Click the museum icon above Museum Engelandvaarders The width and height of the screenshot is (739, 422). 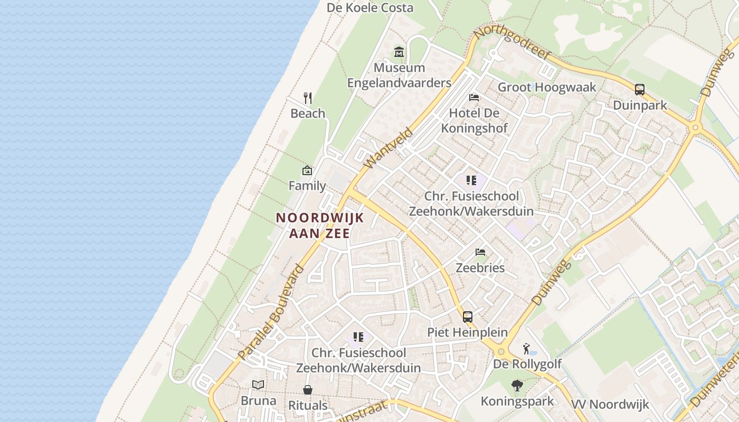click(x=399, y=52)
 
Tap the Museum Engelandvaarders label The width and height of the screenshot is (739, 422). click(x=399, y=75)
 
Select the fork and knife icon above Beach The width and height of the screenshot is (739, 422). click(x=308, y=98)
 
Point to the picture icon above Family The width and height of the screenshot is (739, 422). click(x=307, y=170)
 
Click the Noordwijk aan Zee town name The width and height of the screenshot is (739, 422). click(x=320, y=225)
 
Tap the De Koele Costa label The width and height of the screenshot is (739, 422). click(x=370, y=8)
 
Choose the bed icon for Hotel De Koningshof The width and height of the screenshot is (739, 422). click(x=474, y=98)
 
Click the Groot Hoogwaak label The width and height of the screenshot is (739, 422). click(x=547, y=88)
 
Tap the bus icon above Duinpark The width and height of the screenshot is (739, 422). click(x=640, y=90)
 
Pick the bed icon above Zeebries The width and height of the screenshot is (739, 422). click(x=480, y=252)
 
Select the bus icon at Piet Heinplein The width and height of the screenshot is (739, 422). click(x=468, y=317)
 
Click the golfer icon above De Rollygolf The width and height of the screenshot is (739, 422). click(x=526, y=349)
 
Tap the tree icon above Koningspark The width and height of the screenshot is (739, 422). click(x=517, y=386)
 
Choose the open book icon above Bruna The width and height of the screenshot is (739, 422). click(x=258, y=385)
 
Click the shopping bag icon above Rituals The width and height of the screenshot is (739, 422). click(x=308, y=390)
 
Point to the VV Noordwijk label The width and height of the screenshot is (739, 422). click(x=610, y=405)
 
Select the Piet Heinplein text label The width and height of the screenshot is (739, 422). click(x=467, y=333)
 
